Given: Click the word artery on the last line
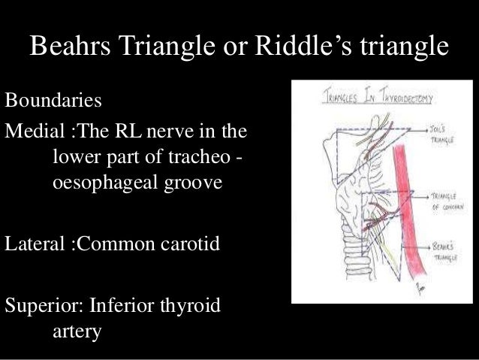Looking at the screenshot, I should tap(77, 328).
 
